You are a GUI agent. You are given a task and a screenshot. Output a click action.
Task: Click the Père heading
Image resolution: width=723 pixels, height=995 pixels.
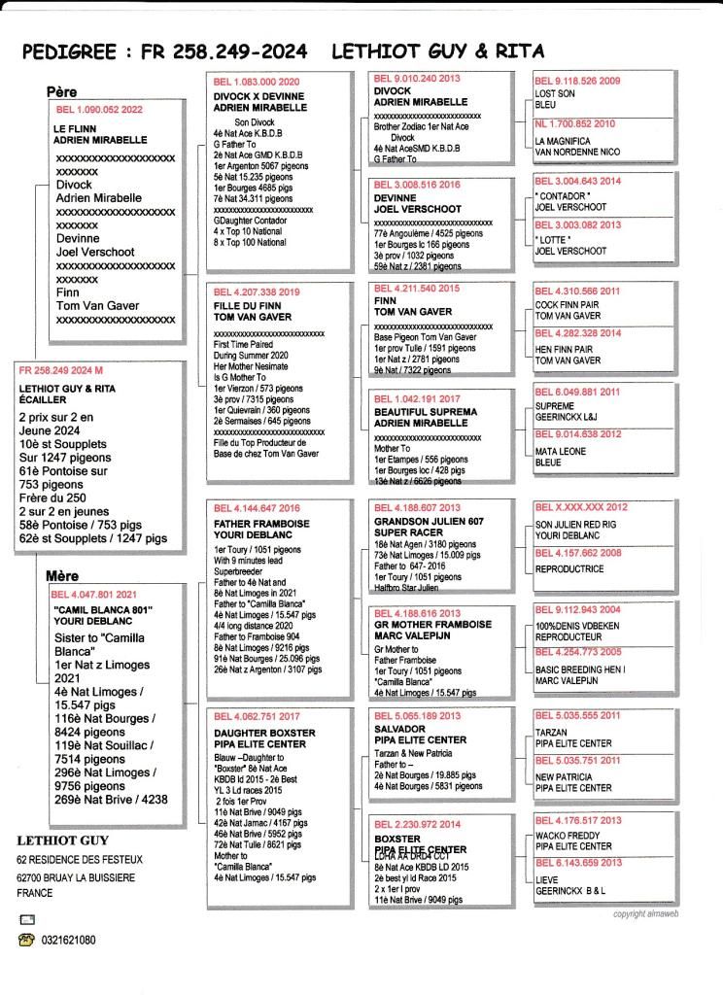pos(61,91)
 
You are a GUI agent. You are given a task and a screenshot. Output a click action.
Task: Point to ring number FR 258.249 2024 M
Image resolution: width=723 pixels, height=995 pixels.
pos(59,371)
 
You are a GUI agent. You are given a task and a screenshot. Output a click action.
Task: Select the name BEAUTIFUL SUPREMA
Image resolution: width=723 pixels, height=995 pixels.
pos(427,412)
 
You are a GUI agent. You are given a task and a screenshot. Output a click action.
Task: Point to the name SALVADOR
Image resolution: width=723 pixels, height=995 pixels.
pos(399,728)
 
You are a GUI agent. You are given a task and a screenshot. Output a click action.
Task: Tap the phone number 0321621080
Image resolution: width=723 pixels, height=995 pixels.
pos(68,940)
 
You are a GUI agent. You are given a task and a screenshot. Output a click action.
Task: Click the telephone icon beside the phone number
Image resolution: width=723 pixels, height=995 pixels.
pos(26,940)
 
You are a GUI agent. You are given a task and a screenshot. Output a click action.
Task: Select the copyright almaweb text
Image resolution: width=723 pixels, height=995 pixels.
pos(651,914)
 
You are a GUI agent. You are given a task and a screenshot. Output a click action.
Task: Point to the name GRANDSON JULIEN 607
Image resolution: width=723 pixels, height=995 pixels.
pos(428,520)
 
